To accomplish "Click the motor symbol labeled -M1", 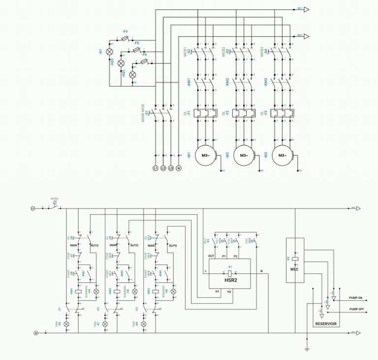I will point(205,155).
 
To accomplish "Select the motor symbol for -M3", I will point(282,155).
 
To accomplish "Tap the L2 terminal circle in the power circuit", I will point(163,168).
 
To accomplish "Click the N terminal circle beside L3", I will point(179,168).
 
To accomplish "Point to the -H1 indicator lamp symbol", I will point(110,52).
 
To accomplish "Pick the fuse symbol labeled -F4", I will point(125,37).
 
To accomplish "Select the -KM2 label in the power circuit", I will point(227,83).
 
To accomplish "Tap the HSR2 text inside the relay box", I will point(230,280).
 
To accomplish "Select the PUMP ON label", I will point(355,298).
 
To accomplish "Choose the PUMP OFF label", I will point(355,309).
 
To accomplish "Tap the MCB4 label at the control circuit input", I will point(55,199).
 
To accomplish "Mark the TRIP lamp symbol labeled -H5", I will point(67,325).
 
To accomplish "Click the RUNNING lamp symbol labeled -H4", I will point(90,291).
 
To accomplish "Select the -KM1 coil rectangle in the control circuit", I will point(78,291).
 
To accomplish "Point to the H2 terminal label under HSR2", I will point(229,292).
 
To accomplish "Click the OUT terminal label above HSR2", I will point(211,256).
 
